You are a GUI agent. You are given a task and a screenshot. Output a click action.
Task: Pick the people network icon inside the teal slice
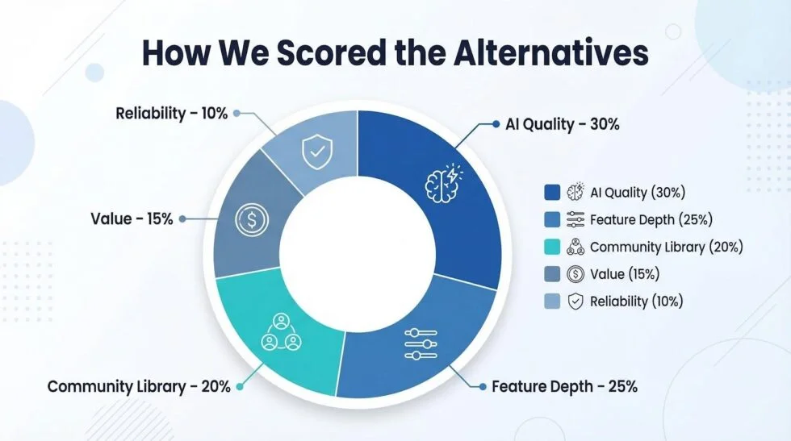(280, 331)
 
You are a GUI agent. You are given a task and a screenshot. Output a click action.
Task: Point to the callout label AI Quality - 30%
(562, 124)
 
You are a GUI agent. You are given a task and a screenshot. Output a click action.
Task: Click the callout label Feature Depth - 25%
(564, 386)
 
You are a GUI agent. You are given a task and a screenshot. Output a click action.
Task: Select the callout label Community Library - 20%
(139, 386)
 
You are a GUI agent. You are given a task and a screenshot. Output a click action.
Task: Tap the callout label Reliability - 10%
(171, 113)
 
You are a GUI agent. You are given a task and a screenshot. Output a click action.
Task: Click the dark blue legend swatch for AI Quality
(552, 192)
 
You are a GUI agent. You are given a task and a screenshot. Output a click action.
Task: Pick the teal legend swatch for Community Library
(552, 247)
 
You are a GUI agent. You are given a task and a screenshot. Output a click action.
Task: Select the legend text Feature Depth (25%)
(651, 219)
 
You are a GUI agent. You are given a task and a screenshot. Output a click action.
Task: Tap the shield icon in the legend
(575, 302)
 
